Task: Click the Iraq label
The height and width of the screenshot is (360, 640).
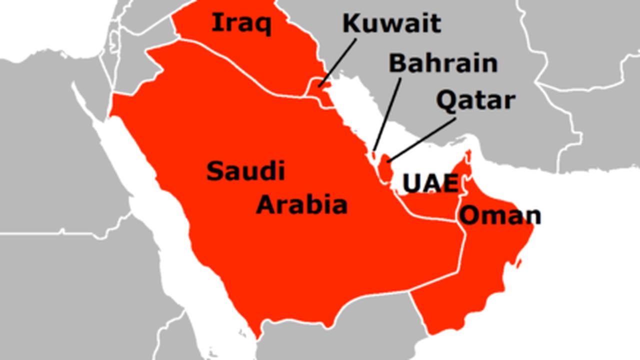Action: pos(241,23)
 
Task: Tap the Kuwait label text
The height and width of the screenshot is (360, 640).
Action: pos(391,23)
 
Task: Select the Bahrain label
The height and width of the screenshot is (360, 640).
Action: pos(443,63)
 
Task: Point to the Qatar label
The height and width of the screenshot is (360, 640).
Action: pos(475,100)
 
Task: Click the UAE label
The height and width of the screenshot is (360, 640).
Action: pos(430,184)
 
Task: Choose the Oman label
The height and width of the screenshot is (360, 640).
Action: pos(500,215)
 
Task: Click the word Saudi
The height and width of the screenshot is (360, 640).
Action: pos(245,171)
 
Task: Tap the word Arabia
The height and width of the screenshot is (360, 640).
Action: pos(301,205)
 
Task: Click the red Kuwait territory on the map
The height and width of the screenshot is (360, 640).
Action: pos(324,93)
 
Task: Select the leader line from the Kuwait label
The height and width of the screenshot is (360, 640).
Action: pos(339,62)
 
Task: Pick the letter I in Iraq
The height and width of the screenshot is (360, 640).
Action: pos(216,22)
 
